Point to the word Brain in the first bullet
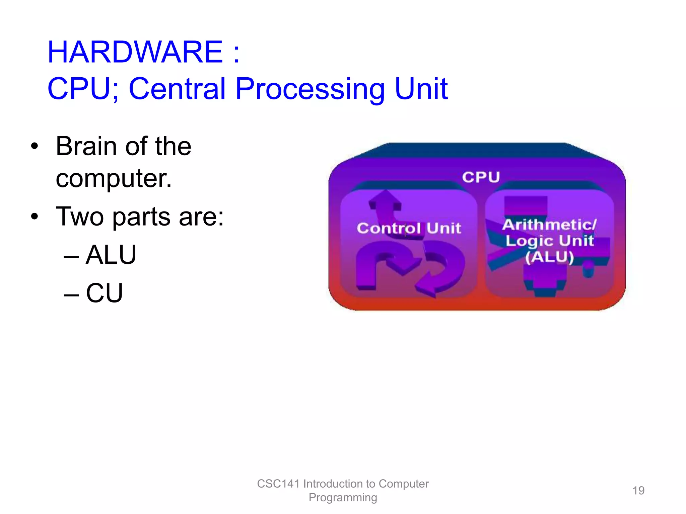tap(86, 146)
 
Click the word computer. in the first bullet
tap(114, 178)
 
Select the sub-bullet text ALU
tap(111, 255)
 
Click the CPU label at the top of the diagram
tap(481, 177)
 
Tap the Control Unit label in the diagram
tap(409, 228)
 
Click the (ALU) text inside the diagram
tap(549, 257)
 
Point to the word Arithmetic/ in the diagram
tap(549, 225)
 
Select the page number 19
tap(638, 491)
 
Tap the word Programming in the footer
tap(343, 498)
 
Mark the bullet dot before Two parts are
tap(35, 217)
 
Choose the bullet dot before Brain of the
tap(35, 146)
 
